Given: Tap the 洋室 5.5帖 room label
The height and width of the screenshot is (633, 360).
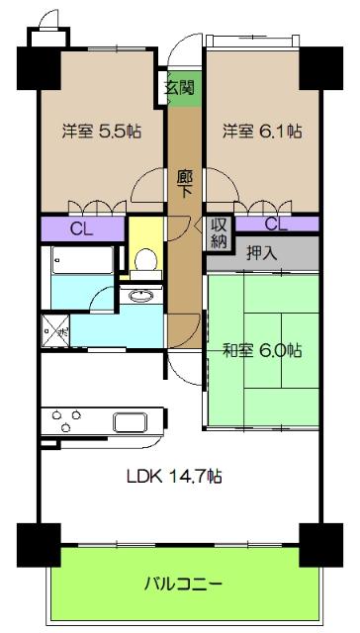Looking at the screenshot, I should pos(99,131).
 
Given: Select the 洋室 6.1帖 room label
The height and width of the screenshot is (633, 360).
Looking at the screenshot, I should pos(262,131).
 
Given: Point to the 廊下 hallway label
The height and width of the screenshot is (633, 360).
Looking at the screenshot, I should pos(184,184).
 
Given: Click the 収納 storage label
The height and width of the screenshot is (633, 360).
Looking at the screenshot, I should pos(217,232).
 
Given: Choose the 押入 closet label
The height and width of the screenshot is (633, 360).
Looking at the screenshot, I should pos(263,252).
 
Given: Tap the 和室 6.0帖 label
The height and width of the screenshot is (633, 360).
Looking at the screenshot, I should pos(262,350).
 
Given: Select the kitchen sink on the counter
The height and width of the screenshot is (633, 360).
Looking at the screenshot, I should pos(130,422).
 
